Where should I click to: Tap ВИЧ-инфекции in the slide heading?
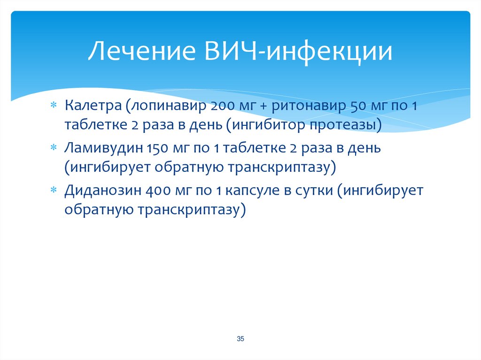pyautogui.click(x=298, y=52)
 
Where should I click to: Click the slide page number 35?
pyautogui.click(x=240, y=339)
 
